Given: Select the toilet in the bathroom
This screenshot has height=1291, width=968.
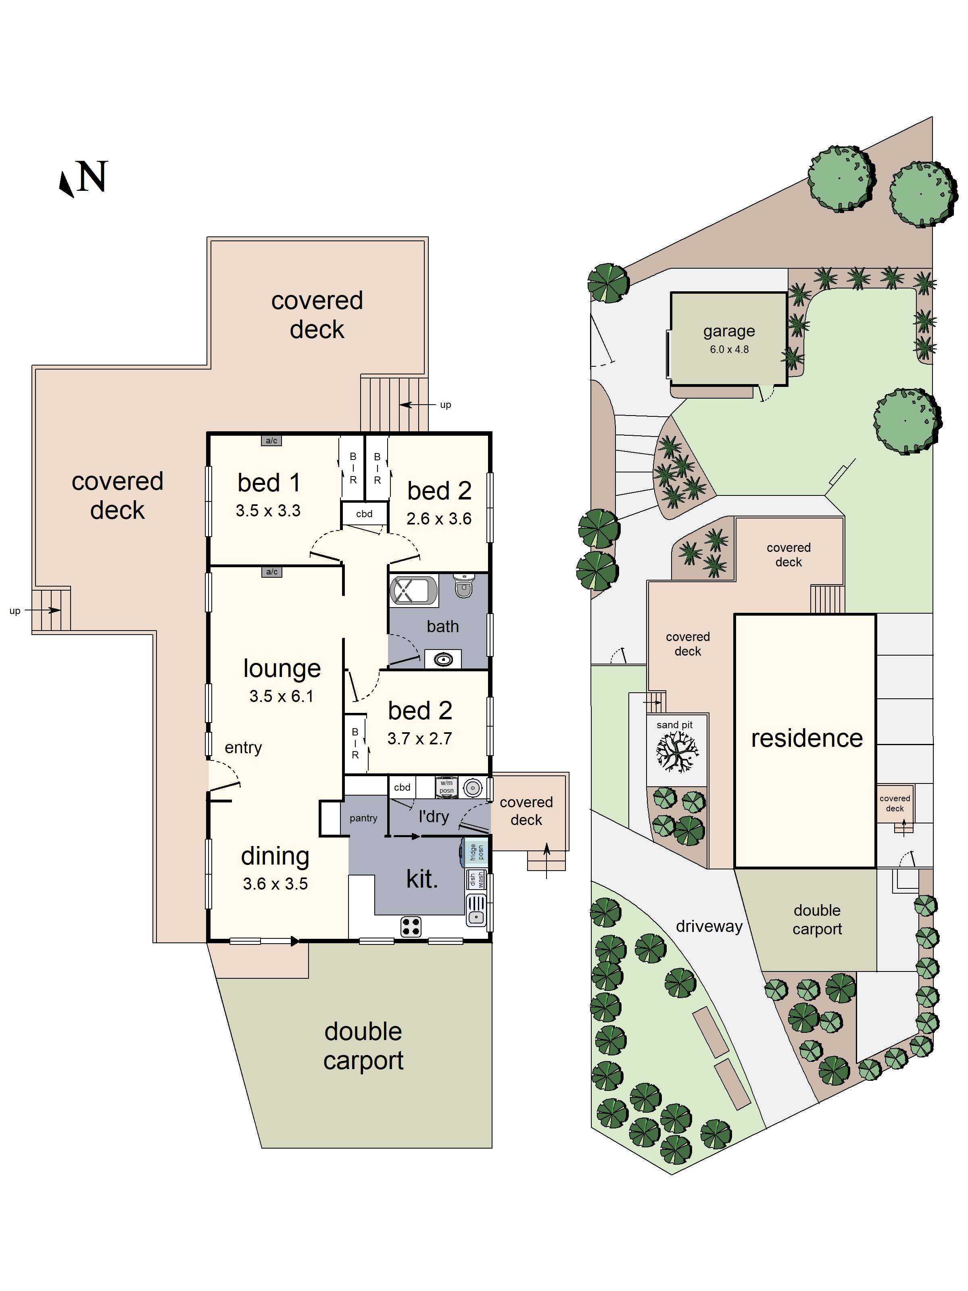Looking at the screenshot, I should pos(463,585).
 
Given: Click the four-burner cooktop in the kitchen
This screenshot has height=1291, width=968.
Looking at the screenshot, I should pos(411,926).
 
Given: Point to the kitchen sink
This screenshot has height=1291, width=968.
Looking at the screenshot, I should pos(476,911).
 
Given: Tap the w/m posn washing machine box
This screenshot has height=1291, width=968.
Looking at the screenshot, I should pos(446,787).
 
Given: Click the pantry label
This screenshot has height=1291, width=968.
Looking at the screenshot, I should pos(363,818).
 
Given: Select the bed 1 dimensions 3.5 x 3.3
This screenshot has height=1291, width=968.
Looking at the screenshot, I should pos(268,511).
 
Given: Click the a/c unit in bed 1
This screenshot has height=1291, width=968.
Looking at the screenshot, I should pos(271,441).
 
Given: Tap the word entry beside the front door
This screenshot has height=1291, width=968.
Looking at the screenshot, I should pos(243,748).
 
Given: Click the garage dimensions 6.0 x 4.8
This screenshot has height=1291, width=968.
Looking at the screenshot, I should pos(729,350).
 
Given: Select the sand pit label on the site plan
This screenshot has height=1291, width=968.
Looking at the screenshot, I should pos(674,725).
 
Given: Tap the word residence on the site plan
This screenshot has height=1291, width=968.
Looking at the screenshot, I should pos(806,738).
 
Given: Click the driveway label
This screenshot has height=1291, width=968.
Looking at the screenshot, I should pos(709,926).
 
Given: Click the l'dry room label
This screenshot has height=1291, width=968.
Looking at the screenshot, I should pos(434,817).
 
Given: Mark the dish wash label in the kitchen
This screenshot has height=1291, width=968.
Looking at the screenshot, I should pos(476,879).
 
